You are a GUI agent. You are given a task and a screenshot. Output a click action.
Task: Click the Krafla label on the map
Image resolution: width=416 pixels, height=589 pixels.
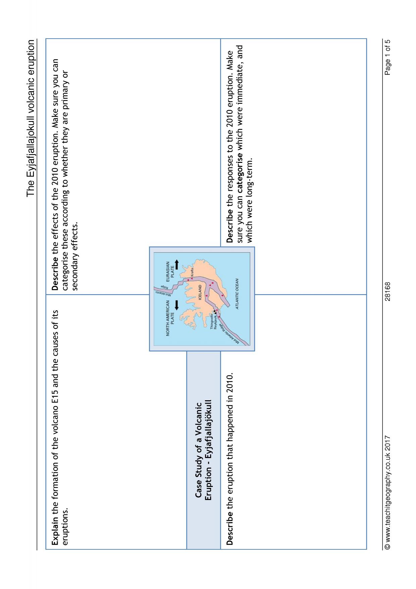[192, 272]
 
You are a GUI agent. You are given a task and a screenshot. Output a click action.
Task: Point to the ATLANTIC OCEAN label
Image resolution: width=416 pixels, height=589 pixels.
[237, 294]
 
